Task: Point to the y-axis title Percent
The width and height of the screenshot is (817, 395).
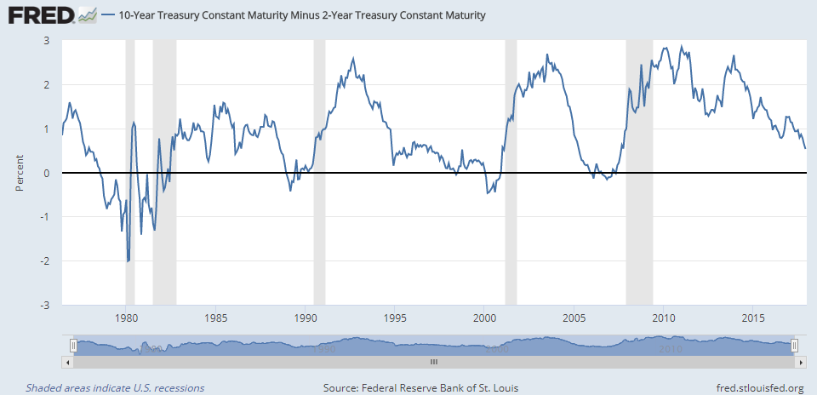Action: click(20, 173)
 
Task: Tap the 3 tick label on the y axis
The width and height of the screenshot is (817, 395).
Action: click(46, 41)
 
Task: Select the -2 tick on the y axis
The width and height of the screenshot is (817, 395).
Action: click(44, 260)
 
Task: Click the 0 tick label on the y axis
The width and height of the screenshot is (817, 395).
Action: click(46, 173)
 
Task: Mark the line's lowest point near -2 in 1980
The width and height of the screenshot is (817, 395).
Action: click(129, 261)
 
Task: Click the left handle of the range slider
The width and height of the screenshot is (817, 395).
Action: click(73, 346)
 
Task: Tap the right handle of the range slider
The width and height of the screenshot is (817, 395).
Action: click(794, 346)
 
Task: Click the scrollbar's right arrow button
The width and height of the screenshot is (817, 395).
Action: click(800, 362)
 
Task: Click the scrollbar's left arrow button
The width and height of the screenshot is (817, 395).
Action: click(68, 362)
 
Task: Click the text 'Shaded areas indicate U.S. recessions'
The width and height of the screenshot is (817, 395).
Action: click(115, 388)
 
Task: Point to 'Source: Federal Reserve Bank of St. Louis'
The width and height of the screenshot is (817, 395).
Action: click(421, 388)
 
